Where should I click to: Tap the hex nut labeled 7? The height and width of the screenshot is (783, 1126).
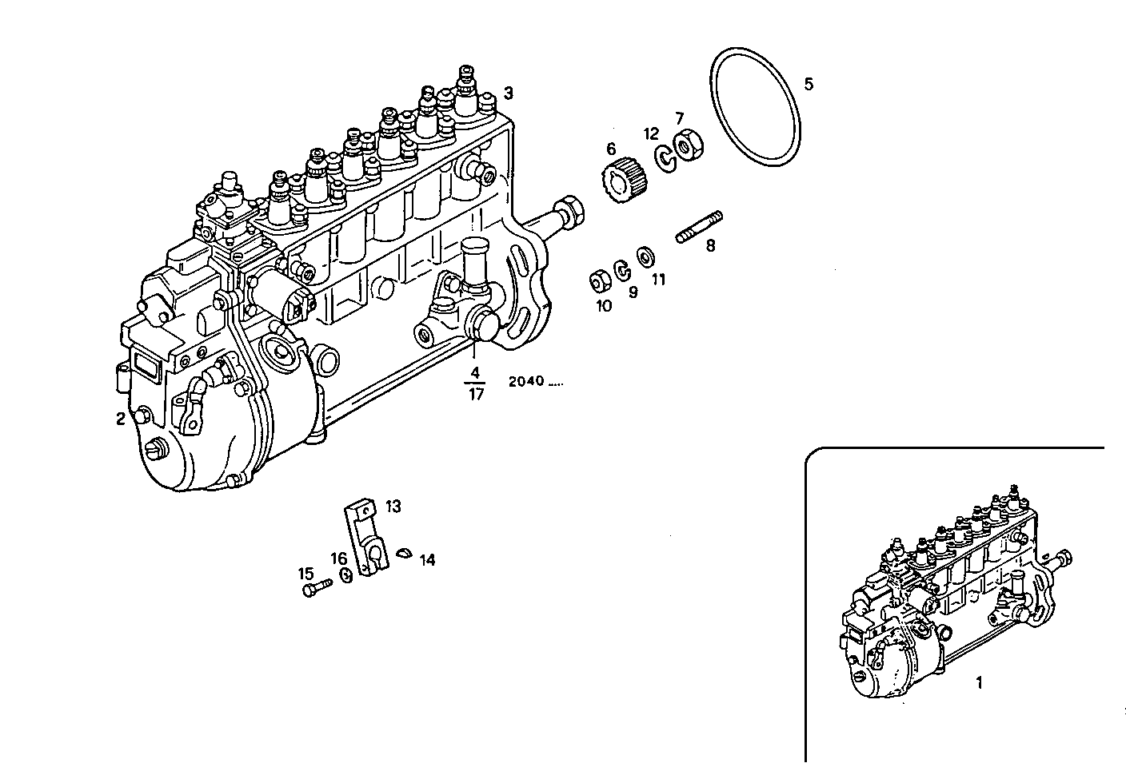tap(685, 146)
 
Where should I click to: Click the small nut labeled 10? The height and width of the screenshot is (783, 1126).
tap(597, 281)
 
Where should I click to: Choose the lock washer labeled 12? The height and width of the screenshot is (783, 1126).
tap(665, 157)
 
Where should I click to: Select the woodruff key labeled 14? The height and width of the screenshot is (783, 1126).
tap(405, 554)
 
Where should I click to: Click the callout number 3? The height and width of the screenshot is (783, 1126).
tap(508, 93)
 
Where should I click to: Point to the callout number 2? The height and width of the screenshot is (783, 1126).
tap(120, 419)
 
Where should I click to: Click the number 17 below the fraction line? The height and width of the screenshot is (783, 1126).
tap(476, 394)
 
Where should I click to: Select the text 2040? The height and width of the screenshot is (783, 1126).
tap(526, 381)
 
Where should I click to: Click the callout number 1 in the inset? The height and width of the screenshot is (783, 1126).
tap(980, 682)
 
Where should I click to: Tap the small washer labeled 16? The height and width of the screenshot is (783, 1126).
tap(346, 575)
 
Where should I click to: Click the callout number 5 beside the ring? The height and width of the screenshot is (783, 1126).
tap(809, 84)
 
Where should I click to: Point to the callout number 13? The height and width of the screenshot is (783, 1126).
tap(393, 506)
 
